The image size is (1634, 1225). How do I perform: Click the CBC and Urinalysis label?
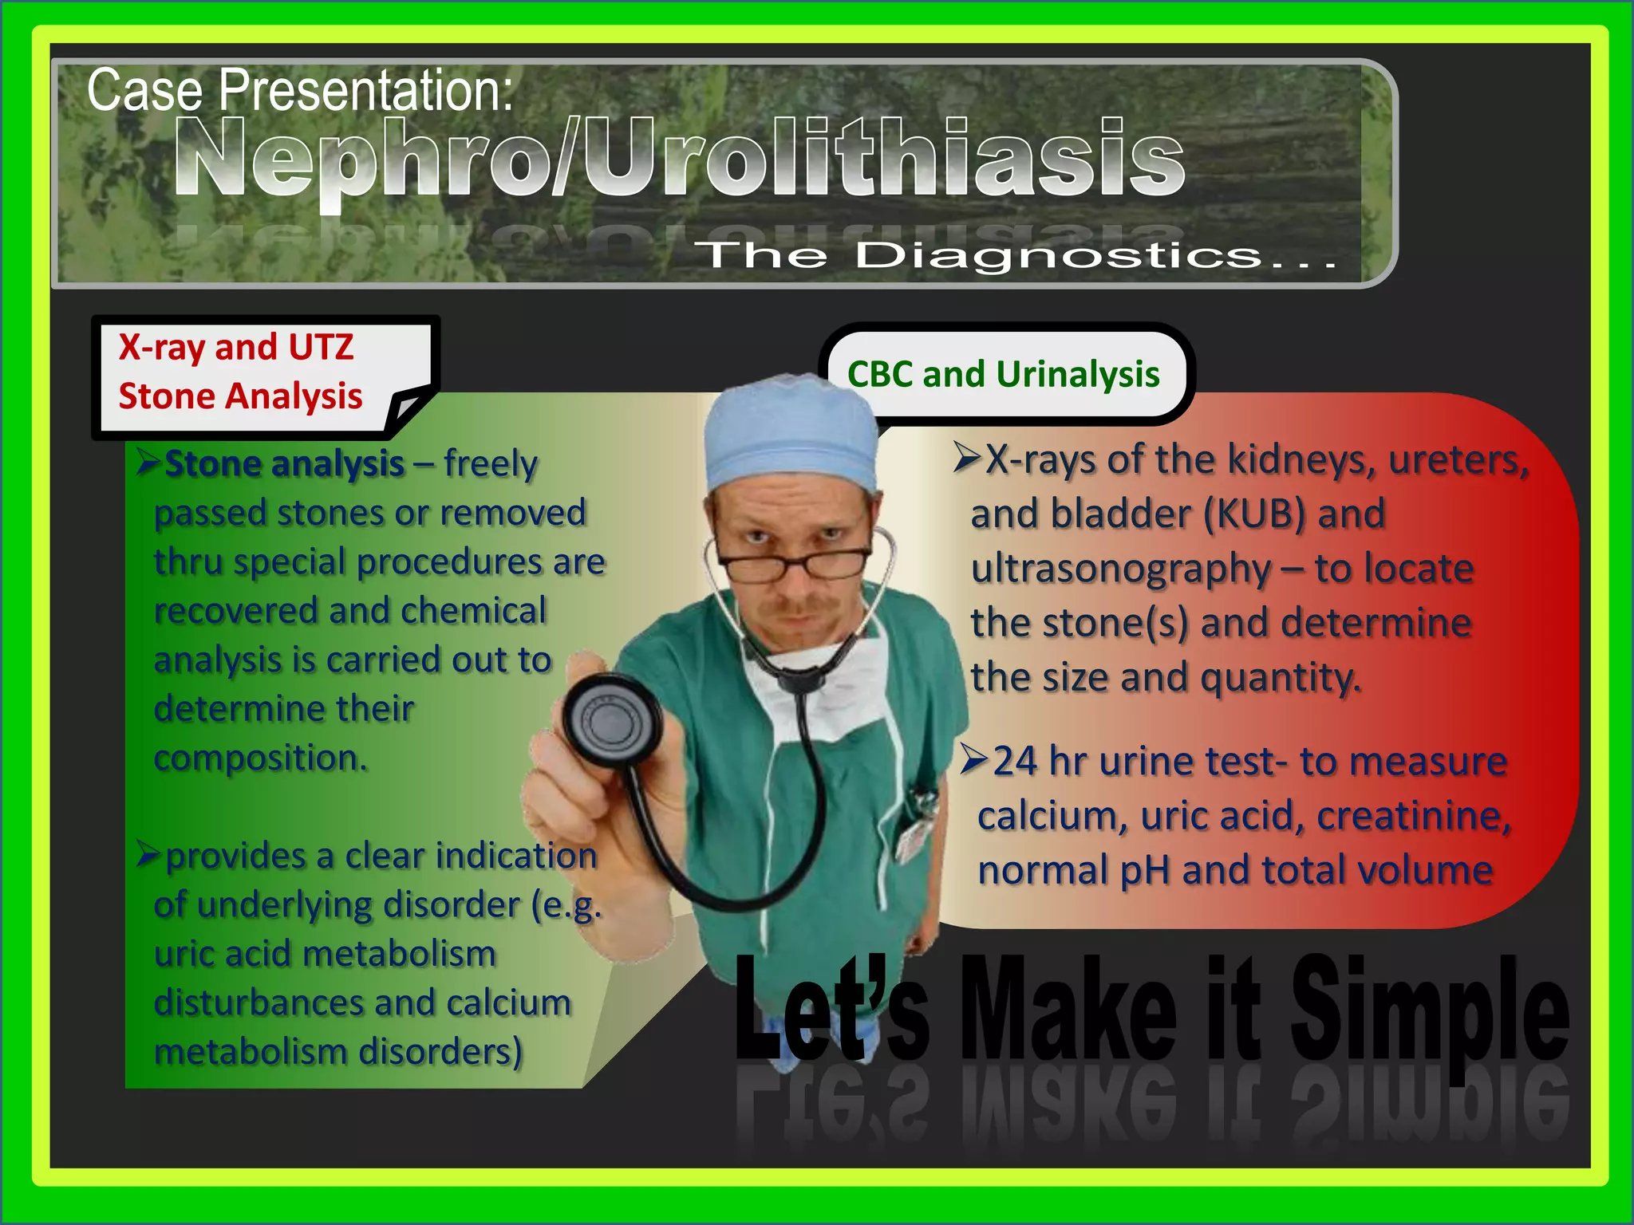[x=1003, y=374]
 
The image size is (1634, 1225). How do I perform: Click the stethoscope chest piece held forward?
[x=611, y=722]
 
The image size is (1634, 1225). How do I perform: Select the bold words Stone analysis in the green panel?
[x=285, y=464]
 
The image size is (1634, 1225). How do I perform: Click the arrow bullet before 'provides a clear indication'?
[x=148, y=854]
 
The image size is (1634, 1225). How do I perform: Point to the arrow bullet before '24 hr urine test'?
[x=974, y=759]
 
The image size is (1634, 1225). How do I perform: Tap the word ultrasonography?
[x=1121, y=569]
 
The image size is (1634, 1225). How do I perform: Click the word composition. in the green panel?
[x=260, y=758]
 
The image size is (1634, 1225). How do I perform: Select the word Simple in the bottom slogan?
[x=1428, y=1013]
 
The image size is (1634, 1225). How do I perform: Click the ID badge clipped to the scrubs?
[x=915, y=837]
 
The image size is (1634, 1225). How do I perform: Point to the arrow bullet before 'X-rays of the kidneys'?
[x=967, y=458]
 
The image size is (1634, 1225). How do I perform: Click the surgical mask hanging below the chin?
[x=822, y=678]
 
